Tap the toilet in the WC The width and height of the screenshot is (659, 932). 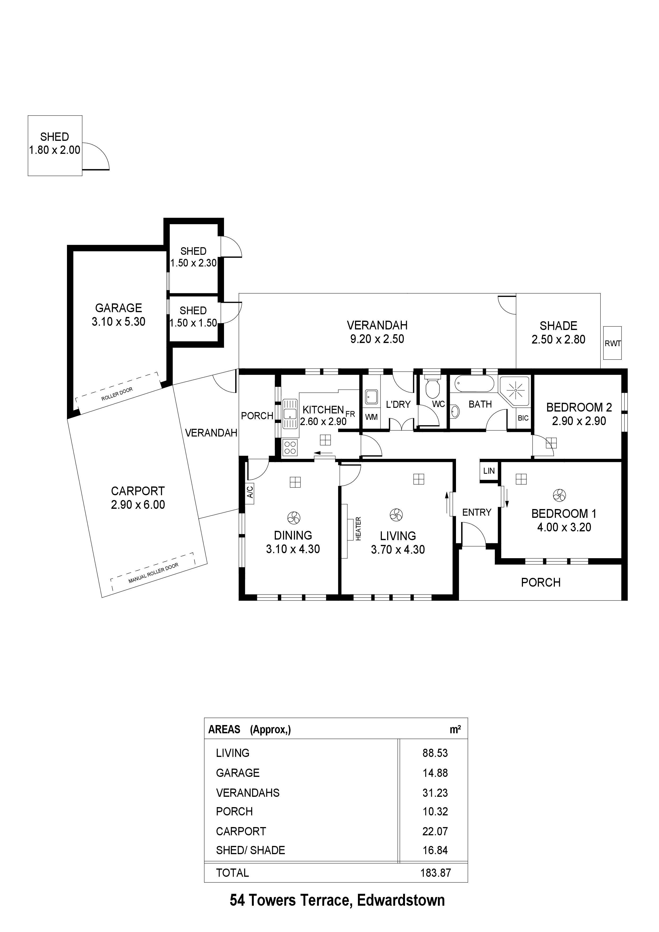coord(432,387)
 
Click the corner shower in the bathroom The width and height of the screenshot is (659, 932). coord(515,391)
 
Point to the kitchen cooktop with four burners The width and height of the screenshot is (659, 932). coord(290,447)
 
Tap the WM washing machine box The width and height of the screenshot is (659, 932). coord(371,417)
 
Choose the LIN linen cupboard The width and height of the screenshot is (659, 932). coord(489,471)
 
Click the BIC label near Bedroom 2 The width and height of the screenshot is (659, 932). coord(523,418)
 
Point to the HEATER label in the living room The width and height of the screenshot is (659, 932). coord(358,528)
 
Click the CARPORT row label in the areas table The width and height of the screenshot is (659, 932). coord(241,831)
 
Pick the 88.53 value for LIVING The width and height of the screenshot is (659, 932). coord(435,753)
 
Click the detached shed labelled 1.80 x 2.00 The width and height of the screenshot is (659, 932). coord(55,145)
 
